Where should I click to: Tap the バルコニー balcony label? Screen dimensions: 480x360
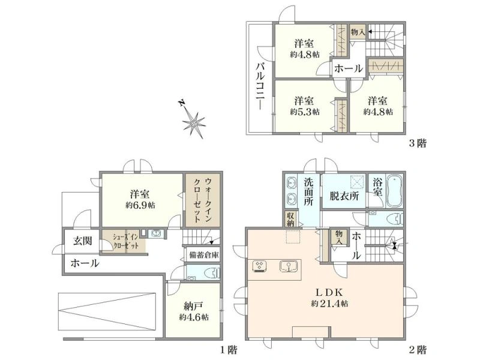pyautogui.click(x=260, y=86)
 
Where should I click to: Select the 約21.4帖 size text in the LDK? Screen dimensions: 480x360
pyautogui.click(x=329, y=304)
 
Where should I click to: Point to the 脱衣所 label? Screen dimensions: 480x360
pyautogui.click(x=344, y=196)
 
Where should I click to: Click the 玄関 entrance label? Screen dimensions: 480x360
pyautogui.click(x=83, y=241)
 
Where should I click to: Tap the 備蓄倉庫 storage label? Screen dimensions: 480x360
pyautogui.click(x=204, y=254)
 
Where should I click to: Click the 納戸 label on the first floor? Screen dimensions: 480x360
pyautogui.click(x=193, y=306)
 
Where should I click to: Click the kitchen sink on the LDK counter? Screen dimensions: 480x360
pyautogui.click(x=289, y=266)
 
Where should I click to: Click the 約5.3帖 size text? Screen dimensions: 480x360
pyautogui.click(x=305, y=112)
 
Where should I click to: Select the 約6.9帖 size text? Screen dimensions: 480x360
pyautogui.click(x=140, y=205)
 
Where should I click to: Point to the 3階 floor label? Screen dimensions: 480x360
pyautogui.click(x=417, y=143)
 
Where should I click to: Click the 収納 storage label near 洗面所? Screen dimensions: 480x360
pyautogui.click(x=290, y=219)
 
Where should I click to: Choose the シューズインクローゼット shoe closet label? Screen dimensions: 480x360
pyautogui.click(x=127, y=241)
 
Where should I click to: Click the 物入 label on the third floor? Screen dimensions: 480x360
pyautogui.click(x=358, y=32)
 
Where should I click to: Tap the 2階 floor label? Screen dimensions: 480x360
pyautogui.click(x=417, y=349)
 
